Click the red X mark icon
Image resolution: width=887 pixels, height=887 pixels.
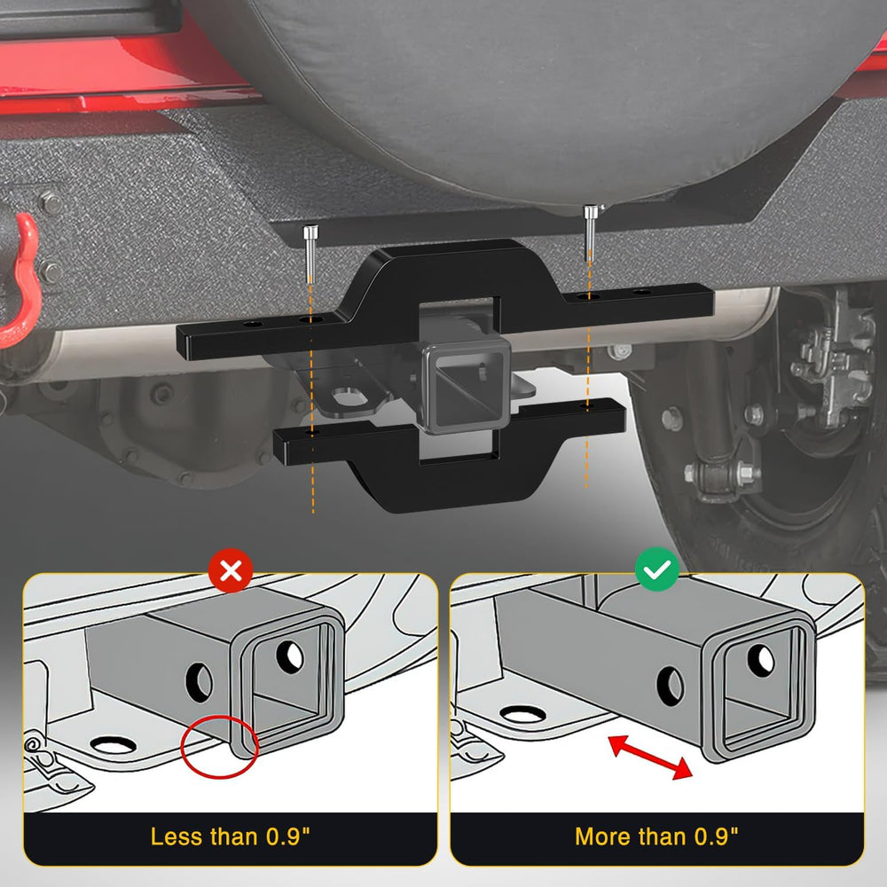click(x=231, y=570)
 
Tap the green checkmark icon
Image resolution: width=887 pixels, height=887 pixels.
click(x=656, y=569)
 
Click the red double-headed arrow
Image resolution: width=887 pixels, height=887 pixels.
click(x=650, y=757)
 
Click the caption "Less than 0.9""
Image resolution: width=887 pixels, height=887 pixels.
click(x=231, y=836)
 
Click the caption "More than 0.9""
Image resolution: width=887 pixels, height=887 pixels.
click(x=656, y=836)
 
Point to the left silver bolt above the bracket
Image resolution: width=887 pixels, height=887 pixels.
click(x=310, y=255)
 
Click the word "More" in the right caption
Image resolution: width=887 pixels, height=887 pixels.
click(x=602, y=836)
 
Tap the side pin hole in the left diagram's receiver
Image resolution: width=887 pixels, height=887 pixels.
click(x=199, y=683)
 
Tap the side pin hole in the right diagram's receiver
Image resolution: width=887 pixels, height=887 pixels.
click(x=670, y=687)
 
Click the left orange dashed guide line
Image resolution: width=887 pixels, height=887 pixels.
click(x=311, y=399)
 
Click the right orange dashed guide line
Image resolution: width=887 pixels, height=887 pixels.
click(x=588, y=373)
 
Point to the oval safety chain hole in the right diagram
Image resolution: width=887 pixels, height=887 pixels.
click(x=523, y=715)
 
